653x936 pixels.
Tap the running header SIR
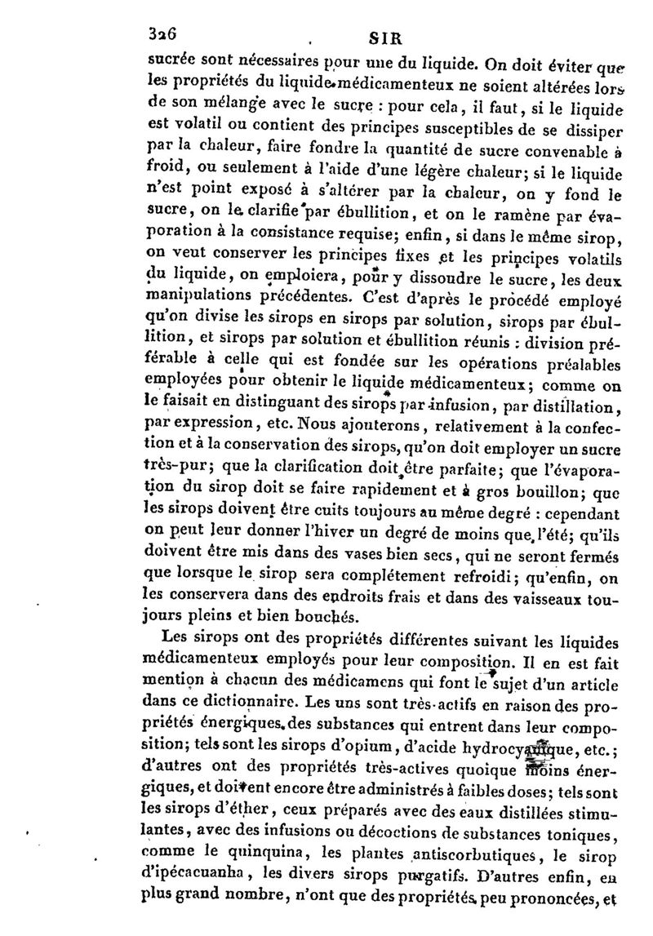[381, 37]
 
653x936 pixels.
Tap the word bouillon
[527, 492]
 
